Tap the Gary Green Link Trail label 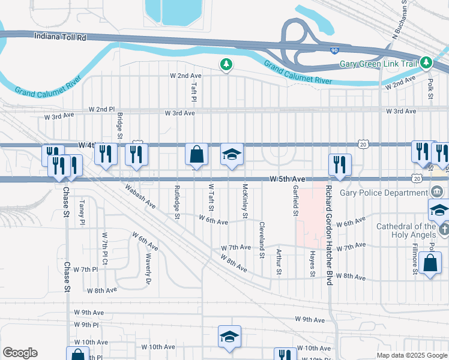(x=378, y=64)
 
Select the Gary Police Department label (x=384, y=193)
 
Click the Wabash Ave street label (x=140, y=196)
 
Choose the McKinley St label (x=245, y=200)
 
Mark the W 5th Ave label (x=288, y=179)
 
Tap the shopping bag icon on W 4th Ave (x=196, y=154)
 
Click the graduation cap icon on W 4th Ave (x=232, y=154)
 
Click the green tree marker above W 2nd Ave (x=226, y=63)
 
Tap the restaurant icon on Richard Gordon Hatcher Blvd (x=339, y=164)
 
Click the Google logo (x=20, y=353)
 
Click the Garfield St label (x=296, y=201)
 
